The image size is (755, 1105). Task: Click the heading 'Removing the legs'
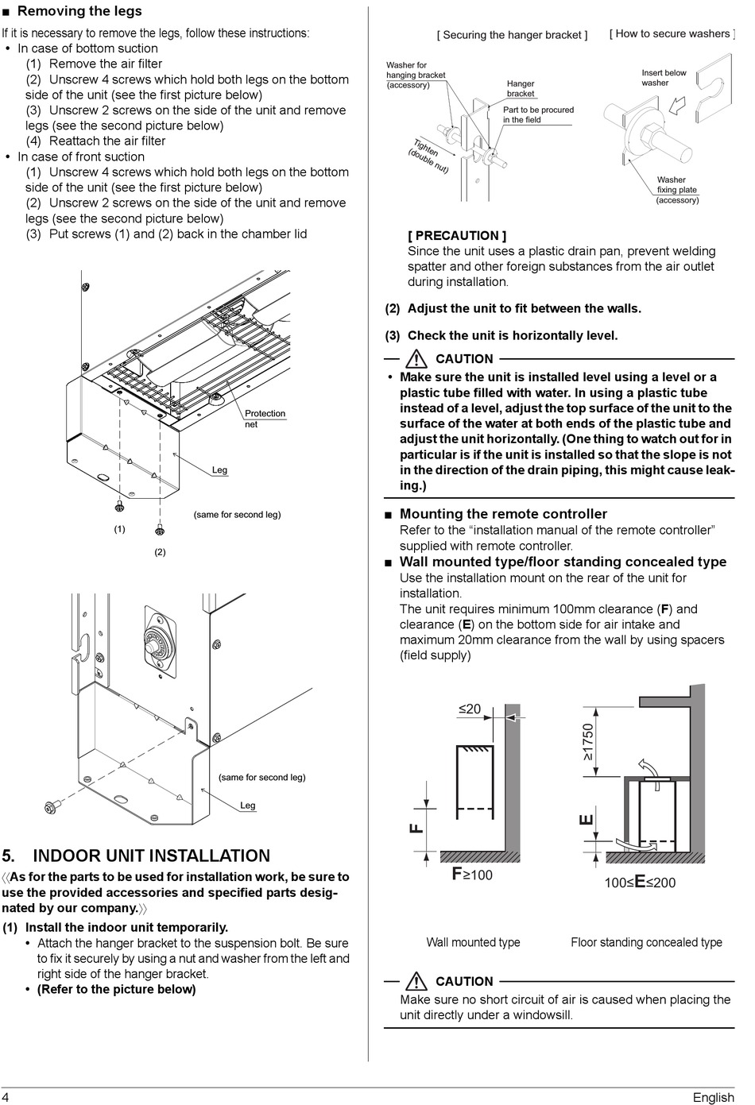point(79,11)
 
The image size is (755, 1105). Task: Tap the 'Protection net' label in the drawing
point(265,419)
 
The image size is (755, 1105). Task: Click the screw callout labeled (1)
point(119,529)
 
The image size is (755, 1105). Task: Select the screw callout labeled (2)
point(160,551)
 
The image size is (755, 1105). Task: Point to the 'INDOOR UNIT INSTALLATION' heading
point(151,856)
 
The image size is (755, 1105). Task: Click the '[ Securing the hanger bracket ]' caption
point(512,35)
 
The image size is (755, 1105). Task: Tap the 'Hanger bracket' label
point(521,88)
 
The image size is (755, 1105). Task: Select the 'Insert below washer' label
point(664,77)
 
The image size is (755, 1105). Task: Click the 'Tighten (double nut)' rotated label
point(428,156)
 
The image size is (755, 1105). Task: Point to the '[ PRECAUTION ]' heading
point(456,235)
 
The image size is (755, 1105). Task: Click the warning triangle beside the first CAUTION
point(416,358)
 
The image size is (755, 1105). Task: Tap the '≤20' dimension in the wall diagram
point(469,709)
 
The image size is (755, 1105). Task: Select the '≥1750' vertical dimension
point(588,741)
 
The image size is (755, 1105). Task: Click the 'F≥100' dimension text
point(472,875)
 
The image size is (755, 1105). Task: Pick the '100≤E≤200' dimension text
point(640,882)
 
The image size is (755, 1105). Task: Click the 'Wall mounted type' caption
point(473,942)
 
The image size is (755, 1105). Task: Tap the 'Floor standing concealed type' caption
point(646,942)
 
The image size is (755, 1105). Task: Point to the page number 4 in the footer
point(6,1096)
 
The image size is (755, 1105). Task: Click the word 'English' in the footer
point(713,1097)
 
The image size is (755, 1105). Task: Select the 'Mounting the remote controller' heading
point(503,514)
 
